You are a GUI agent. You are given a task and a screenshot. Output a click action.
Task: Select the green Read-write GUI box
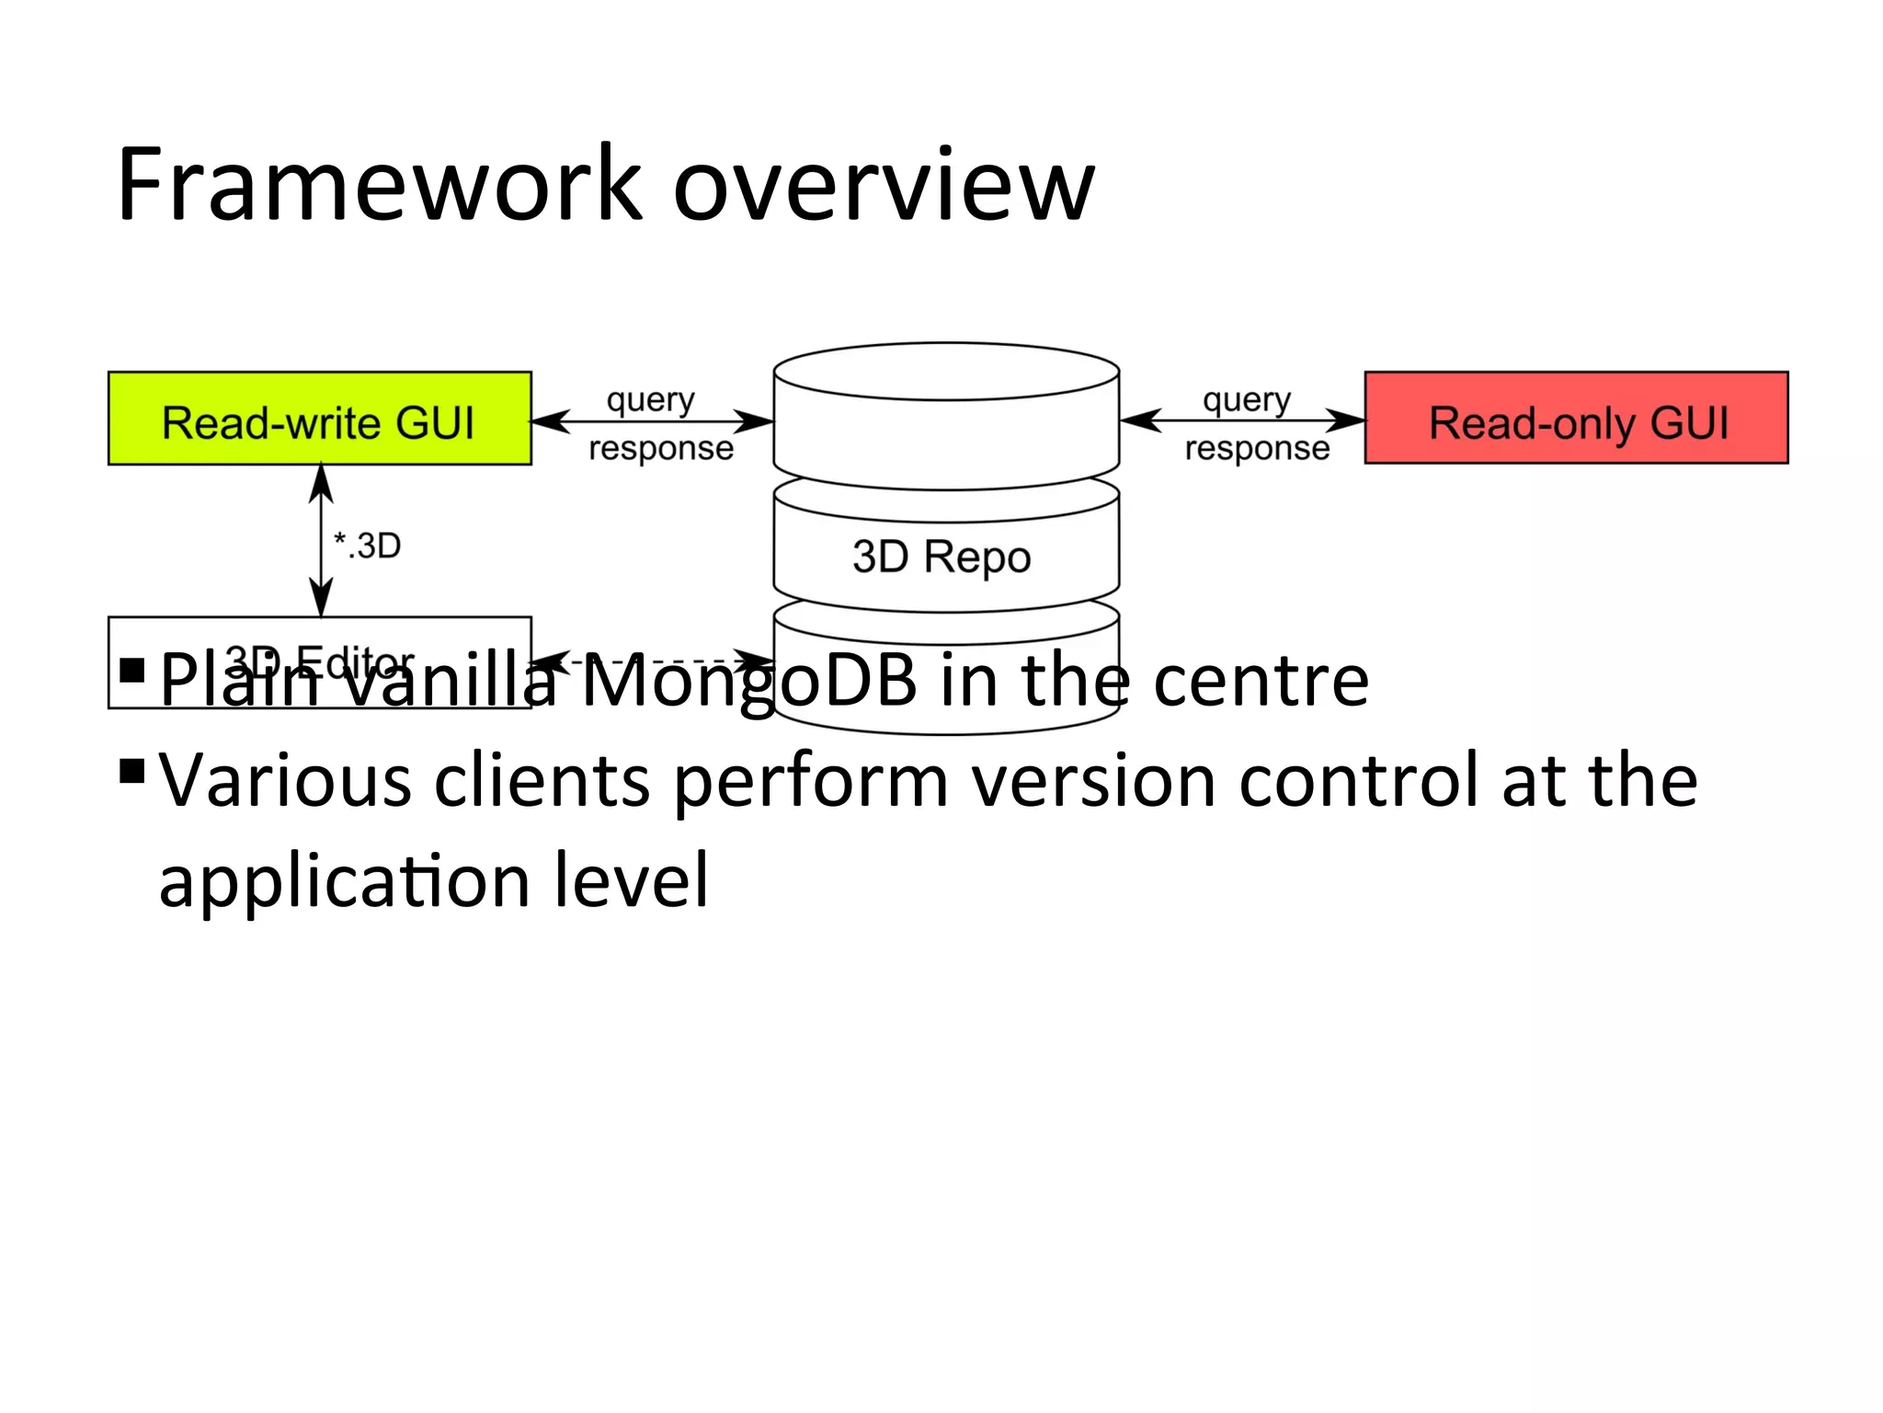click(x=319, y=419)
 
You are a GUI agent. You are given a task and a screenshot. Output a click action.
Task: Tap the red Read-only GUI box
click(x=1576, y=419)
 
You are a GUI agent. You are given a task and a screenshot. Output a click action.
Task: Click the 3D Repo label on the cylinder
click(x=941, y=557)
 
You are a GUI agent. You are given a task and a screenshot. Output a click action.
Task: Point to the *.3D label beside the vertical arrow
click(x=367, y=546)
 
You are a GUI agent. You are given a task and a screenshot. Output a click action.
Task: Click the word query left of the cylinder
click(x=651, y=400)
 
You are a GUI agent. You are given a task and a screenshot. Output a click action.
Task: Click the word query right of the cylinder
click(x=1247, y=400)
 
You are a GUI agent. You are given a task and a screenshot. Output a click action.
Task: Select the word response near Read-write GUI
click(x=661, y=449)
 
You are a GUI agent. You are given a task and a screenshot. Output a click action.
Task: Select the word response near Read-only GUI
click(x=1257, y=449)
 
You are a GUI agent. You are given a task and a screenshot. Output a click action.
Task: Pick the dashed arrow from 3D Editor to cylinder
click(x=653, y=660)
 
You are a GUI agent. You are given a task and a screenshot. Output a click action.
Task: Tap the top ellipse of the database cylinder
click(x=946, y=372)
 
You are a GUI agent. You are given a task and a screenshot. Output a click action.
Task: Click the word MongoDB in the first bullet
click(x=749, y=683)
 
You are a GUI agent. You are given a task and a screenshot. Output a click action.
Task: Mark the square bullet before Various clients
click(x=133, y=771)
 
